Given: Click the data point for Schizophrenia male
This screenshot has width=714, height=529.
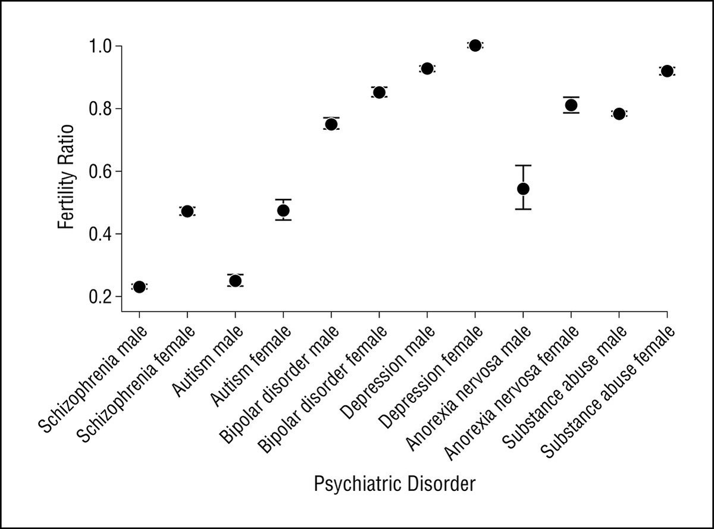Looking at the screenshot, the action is pyautogui.click(x=139, y=287).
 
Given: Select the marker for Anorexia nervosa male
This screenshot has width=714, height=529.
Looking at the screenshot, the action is pyautogui.click(x=523, y=189).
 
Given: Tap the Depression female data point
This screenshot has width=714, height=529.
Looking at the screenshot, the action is pyautogui.click(x=475, y=45).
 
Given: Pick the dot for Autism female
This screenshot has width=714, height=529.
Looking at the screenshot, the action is pyautogui.click(x=283, y=210).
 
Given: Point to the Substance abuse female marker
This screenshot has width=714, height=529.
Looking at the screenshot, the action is pyautogui.click(x=666, y=71).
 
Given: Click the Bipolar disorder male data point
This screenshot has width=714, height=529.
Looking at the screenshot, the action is pyautogui.click(x=331, y=124).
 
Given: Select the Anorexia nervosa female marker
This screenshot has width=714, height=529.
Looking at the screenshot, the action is pyautogui.click(x=571, y=105).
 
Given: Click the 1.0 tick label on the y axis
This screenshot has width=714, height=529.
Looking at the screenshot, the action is pyautogui.click(x=100, y=46).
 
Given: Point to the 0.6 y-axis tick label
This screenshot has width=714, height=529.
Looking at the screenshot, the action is pyautogui.click(x=100, y=172).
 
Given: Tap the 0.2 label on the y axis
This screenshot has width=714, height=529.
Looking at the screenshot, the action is pyautogui.click(x=100, y=297).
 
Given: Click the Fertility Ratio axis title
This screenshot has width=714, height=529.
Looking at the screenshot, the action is pyautogui.click(x=66, y=177).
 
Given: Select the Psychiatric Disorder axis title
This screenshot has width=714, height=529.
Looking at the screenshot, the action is pyautogui.click(x=394, y=484).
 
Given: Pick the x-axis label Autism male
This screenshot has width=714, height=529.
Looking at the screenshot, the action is pyautogui.click(x=208, y=362).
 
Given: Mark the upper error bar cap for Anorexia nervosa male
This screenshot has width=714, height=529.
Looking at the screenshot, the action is pyautogui.click(x=523, y=166).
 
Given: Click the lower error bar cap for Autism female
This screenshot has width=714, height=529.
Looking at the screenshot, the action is pyautogui.click(x=283, y=220).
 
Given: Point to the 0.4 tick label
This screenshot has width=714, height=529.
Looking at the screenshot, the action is pyautogui.click(x=100, y=234).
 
